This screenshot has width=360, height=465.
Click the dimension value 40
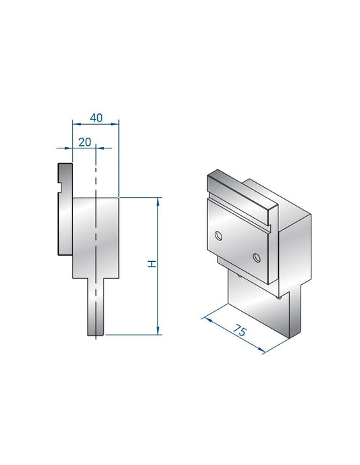95,117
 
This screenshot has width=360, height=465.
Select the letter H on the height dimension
153,263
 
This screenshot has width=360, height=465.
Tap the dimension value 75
238,331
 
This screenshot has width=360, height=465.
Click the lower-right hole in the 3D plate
257,256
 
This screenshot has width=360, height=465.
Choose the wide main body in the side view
95,236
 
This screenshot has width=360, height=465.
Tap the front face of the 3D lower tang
260,310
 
